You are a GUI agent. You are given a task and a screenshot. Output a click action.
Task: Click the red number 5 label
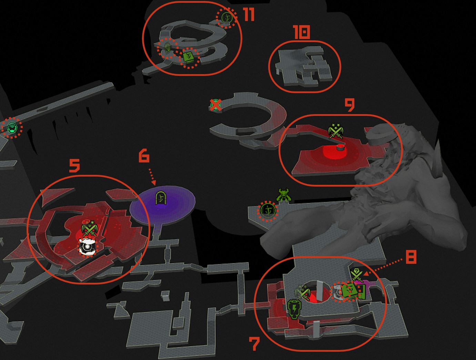(74, 166)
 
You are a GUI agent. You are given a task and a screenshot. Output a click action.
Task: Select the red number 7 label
(254, 344)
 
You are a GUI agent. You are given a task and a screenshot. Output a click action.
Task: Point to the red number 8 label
(411, 257)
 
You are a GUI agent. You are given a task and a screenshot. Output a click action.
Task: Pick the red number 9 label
(350, 105)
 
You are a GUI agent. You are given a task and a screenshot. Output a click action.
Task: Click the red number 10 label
(301, 32)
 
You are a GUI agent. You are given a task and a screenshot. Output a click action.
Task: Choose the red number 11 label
(249, 15)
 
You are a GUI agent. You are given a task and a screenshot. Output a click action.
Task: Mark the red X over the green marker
(216, 105)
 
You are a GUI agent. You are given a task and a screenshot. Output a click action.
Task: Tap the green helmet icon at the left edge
(11, 127)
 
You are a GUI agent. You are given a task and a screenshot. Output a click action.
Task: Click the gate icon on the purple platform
(161, 198)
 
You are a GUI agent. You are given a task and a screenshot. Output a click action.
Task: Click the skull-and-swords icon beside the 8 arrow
(357, 275)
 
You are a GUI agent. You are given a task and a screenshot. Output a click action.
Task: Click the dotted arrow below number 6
(152, 177)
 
